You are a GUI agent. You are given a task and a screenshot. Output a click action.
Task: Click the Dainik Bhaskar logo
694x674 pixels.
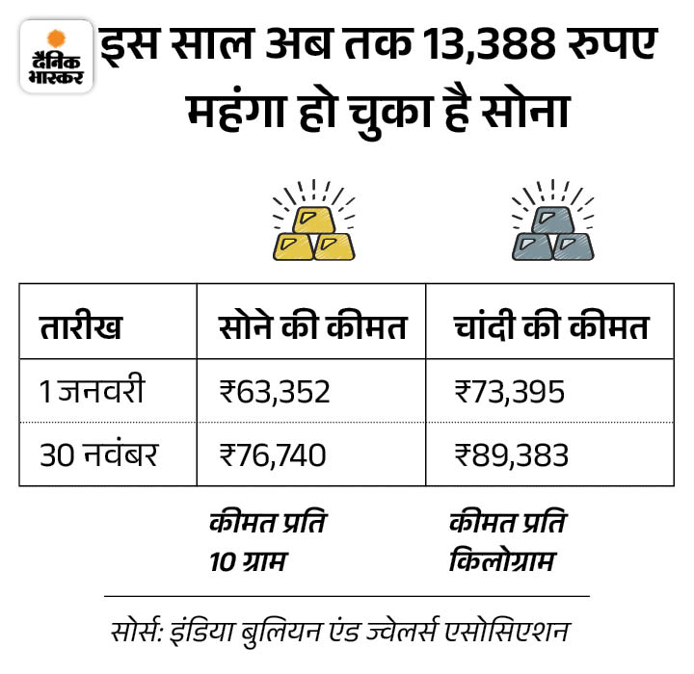[x=56, y=55]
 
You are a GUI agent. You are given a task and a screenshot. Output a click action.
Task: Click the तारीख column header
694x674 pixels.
[x=81, y=326]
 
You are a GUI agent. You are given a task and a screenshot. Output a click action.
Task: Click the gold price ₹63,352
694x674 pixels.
[x=276, y=392]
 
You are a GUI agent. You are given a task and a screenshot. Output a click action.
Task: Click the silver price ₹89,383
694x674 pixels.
[x=510, y=453]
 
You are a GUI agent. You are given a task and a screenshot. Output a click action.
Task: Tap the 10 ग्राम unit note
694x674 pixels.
[x=249, y=559]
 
